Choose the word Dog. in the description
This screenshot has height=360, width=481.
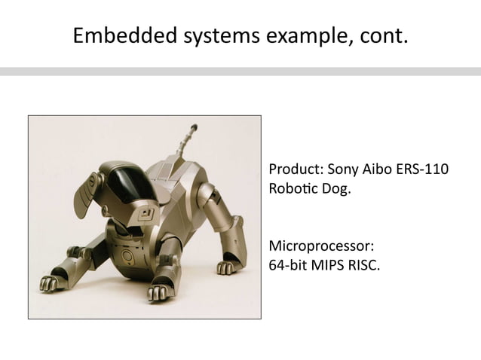pyautogui.click(x=335, y=188)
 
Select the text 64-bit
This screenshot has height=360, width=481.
pyautogui.click(x=286, y=265)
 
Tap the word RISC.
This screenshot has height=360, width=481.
pyautogui.click(x=364, y=265)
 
